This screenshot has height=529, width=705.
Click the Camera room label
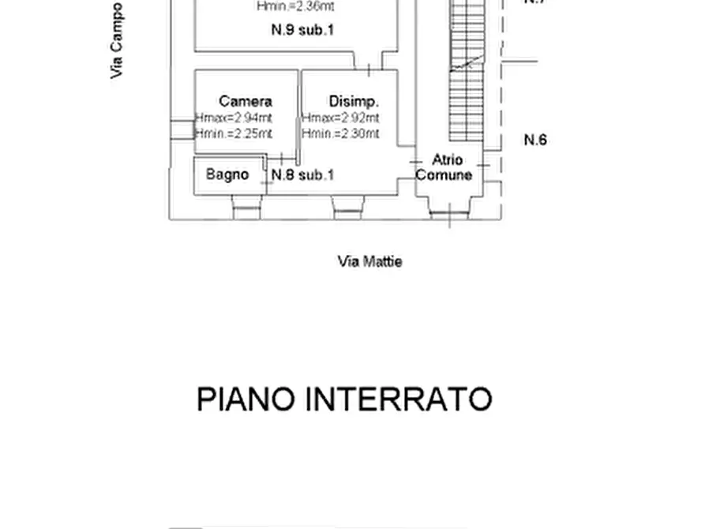click(246, 101)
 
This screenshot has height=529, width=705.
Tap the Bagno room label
click(227, 174)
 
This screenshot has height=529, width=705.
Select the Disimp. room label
click(354, 101)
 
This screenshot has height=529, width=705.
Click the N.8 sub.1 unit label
click(302, 174)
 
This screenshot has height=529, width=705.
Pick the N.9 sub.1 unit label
click(302, 31)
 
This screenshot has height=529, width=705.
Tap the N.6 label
click(535, 140)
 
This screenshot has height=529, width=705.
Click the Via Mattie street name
click(369, 261)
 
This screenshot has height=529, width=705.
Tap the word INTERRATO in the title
click(399, 400)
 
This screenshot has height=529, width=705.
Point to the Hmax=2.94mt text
click(234, 118)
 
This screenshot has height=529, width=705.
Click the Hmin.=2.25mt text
click(234, 133)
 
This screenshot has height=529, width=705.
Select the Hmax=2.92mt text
click(341, 118)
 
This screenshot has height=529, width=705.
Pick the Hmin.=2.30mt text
click(341, 133)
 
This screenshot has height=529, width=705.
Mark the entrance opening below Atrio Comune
click(450, 209)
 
